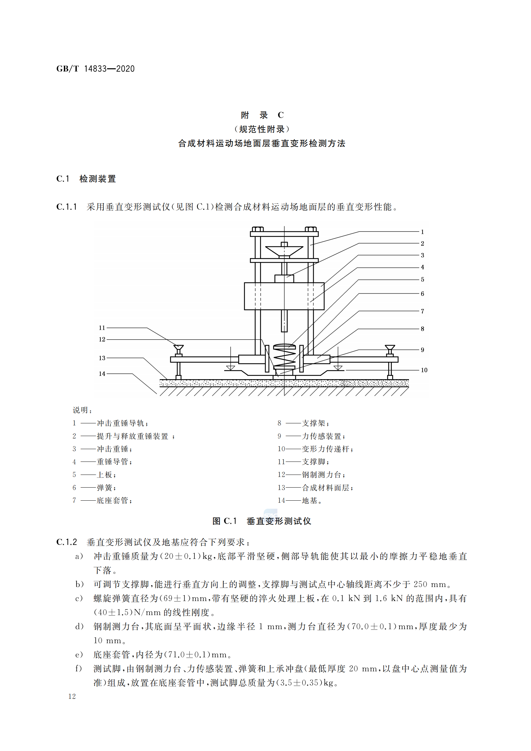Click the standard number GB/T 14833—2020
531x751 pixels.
pos(95,69)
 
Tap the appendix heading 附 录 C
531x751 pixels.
pos(263,115)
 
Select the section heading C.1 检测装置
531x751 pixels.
pos(86,179)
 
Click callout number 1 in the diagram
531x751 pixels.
pos(422,232)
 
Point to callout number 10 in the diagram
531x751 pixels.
pos(424,370)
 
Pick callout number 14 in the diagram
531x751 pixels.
pos(102,373)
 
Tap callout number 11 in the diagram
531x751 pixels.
pos(102,328)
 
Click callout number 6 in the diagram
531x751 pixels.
pos(422,294)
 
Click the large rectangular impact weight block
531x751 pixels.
pos(284,296)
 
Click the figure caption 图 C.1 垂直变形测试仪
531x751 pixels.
pos(262,521)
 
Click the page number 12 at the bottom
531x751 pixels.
pos(72,696)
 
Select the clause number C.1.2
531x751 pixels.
pos(67,542)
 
